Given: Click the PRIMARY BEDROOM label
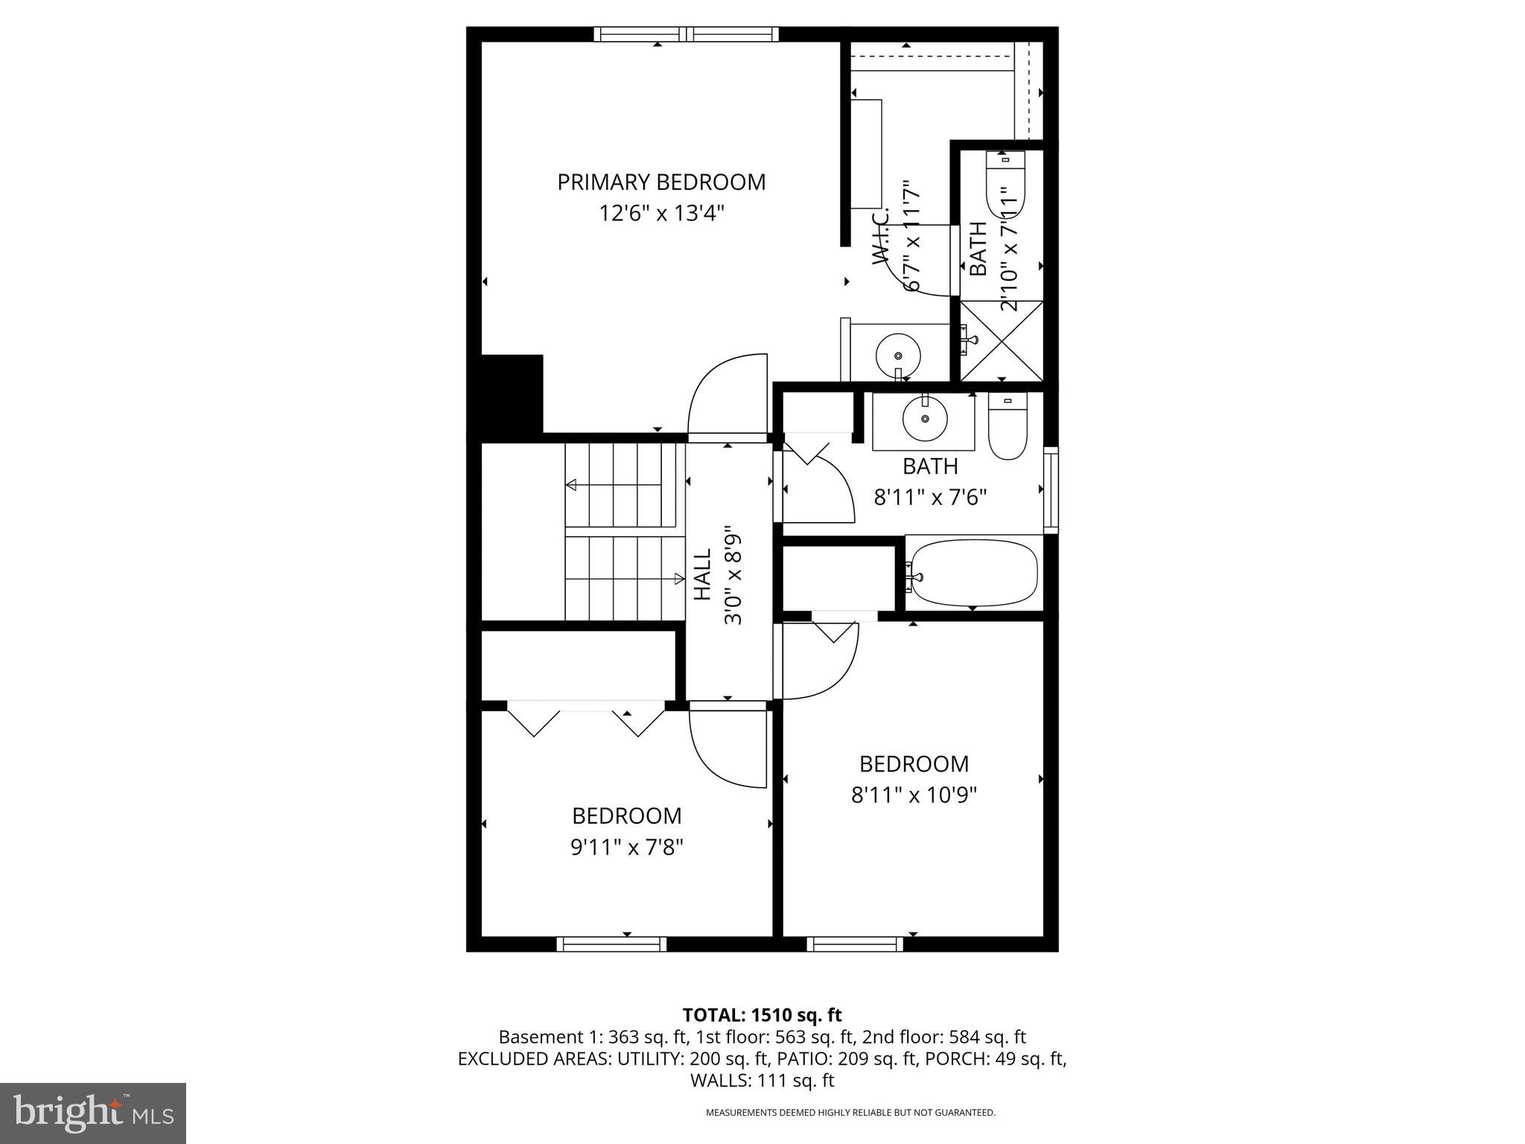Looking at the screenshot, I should [x=661, y=182].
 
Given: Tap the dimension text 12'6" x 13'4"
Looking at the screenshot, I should [x=661, y=214].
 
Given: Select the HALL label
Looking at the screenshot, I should [x=703, y=574].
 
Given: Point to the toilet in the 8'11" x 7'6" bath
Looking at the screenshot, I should [x=1007, y=427].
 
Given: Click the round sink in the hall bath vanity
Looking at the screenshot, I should [x=925, y=419].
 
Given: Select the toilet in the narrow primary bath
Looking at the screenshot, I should [x=1005, y=183].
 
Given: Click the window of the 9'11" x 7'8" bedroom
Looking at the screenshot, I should [x=611, y=944].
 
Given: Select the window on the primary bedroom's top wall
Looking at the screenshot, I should [x=686, y=34].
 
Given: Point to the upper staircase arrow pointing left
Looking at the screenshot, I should [x=572, y=485].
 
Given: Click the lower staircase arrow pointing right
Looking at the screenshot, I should [x=678, y=578].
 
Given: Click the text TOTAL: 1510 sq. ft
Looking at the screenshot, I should [x=762, y=1014].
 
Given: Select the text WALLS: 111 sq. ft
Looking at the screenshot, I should [x=762, y=1081].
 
